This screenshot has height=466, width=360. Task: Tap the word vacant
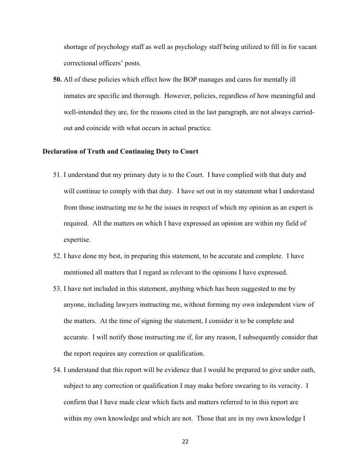coord(307,47)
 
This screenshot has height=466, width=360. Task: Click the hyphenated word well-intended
coord(85,112)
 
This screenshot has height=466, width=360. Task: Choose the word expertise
coord(77,240)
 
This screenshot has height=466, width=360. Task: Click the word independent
coord(270,305)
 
